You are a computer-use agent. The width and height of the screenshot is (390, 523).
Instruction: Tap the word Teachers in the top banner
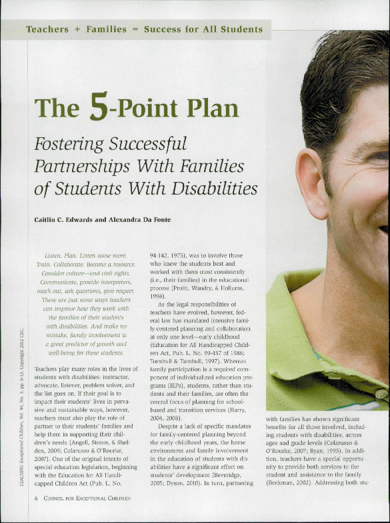pos(47,29)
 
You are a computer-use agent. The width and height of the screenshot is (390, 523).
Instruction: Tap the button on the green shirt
pos(381,393)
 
